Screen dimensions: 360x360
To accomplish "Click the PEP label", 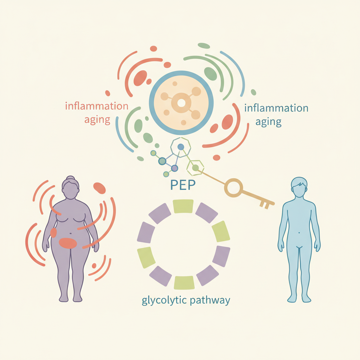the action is (183, 185).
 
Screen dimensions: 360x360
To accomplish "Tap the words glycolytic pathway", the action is (186, 300).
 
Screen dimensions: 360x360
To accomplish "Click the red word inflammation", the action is (97, 106).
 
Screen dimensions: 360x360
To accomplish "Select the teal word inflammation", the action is (276, 108).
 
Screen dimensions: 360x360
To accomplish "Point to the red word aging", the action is (97, 120).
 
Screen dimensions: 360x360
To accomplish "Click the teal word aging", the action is (268, 122).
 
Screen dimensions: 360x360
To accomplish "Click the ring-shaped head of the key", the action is (233, 188).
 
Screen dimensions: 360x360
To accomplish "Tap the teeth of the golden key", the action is (264, 205).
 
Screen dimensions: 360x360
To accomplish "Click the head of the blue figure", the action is (299, 187).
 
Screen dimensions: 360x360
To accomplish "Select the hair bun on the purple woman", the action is (70, 178).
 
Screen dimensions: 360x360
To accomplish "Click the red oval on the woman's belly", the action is (68, 243).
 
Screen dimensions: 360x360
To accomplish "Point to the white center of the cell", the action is (181, 103).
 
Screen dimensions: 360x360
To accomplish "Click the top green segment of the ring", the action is (183, 206).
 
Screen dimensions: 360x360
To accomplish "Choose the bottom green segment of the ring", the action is (184, 283).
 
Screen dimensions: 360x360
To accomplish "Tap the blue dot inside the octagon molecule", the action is (181, 147).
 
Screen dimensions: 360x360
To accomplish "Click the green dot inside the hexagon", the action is (195, 168).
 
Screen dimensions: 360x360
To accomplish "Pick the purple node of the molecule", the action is (174, 168).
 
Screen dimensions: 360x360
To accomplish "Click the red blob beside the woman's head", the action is (99, 188).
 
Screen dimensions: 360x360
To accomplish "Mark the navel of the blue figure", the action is (299, 233).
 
